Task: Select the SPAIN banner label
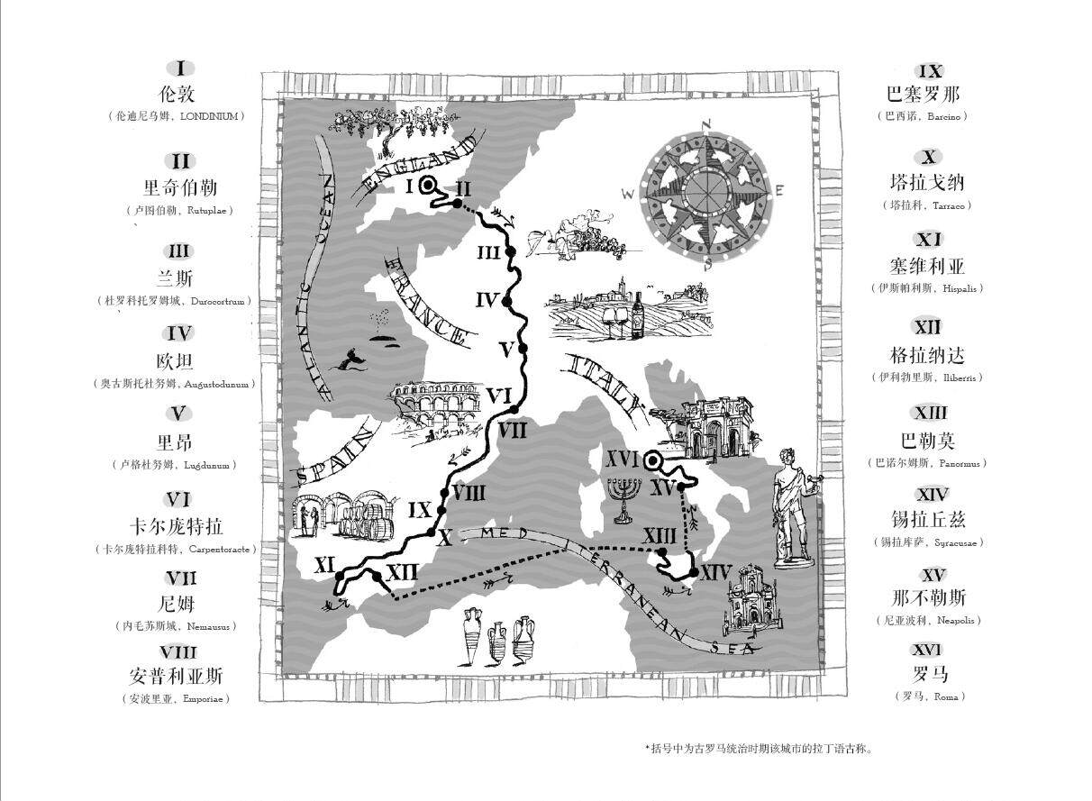(337, 459)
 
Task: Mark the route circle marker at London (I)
(428, 186)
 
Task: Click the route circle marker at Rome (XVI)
(652, 462)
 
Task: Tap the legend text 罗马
(930, 674)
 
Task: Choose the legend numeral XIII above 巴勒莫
(930, 413)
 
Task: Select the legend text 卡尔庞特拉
(177, 526)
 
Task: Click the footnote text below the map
(759, 748)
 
